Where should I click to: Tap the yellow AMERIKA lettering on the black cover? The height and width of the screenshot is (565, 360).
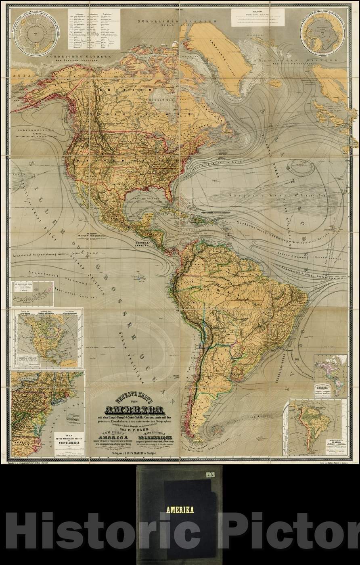180,510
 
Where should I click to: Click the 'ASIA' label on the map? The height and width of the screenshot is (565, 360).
17,75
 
